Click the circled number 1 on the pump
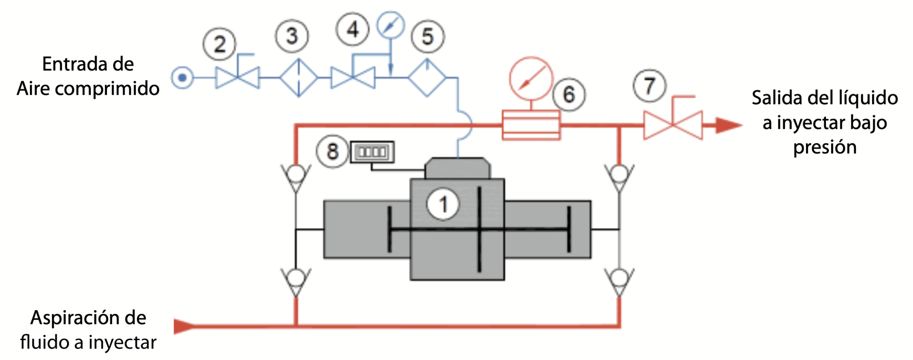pyautogui.click(x=443, y=204)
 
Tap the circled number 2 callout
pyautogui.click(x=219, y=44)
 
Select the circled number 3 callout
pyautogui.click(x=292, y=36)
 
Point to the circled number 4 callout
pyautogui.click(x=352, y=29)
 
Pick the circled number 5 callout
pyautogui.click(x=427, y=37)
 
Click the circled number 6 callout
pyautogui.click(x=569, y=95)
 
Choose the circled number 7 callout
pyautogui.click(x=650, y=86)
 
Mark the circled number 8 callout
pyautogui.click(x=333, y=152)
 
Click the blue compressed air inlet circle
pyautogui.click(x=182, y=78)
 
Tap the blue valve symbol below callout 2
pyautogui.click(x=237, y=78)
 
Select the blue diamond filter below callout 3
pyautogui.click(x=298, y=78)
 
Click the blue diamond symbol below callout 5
pyautogui.click(x=427, y=78)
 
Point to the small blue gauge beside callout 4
pyautogui.click(x=390, y=25)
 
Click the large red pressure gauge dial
pyautogui.click(x=531, y=79)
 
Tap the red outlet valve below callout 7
pyautogui.click(x=673, y=125)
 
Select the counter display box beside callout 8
pyautogui.click(x=372, y=152)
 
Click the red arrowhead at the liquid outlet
pyautogui.click(x=728, y=126)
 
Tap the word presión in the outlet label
pyautogui.click(x=825, y=147)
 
